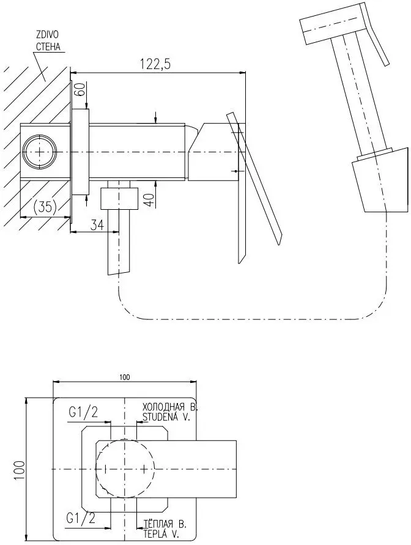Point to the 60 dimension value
pos(78,93)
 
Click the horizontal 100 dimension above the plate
pos(125,377)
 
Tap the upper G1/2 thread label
pos(83,412)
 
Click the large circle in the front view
pos(125,469)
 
